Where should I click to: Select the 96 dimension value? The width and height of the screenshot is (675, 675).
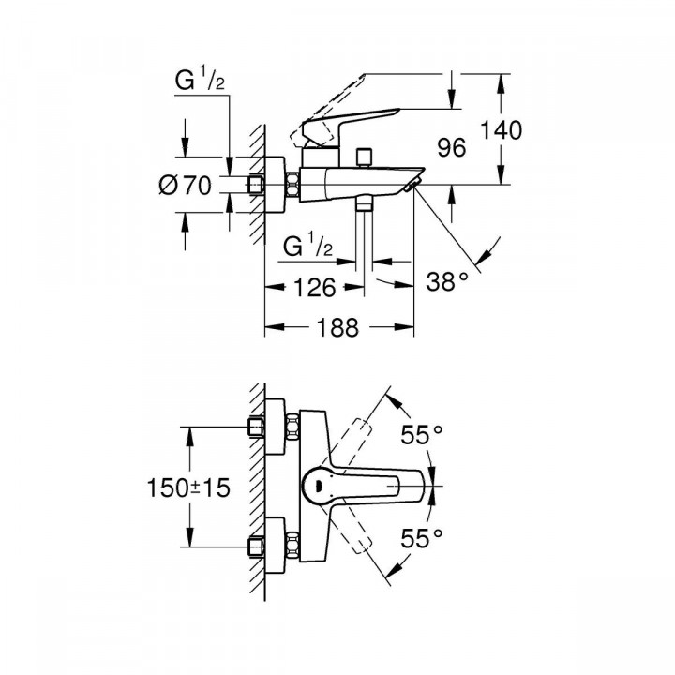click(x=453, y=147)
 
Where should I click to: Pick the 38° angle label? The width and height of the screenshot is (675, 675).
click(x=447, y=279)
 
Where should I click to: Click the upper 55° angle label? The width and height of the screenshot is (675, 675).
click(x=422, y=435)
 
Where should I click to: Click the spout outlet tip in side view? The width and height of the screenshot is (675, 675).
click(x=412, y=187)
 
